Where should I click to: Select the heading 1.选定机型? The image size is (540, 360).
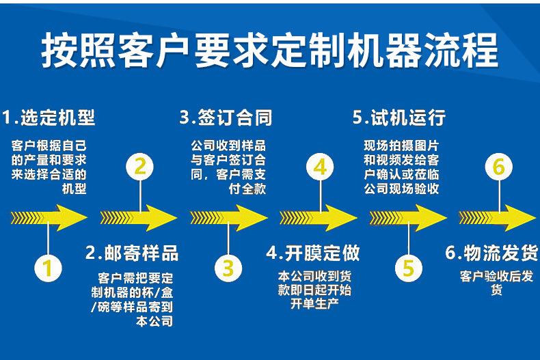[x=49, y=117]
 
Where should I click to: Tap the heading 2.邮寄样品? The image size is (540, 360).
[x=132, y=253]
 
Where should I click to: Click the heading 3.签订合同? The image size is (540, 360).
[x=226, y=117]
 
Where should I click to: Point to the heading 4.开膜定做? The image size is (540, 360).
[x=313, y=253]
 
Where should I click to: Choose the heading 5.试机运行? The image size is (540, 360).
[x=399, y=117]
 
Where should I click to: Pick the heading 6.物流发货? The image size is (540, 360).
[x=491, y=253]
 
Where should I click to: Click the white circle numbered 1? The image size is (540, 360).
[x=47, y=268]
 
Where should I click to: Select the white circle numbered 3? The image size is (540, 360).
[x=228, y=268]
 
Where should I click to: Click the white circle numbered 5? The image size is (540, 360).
[x=408, y=268]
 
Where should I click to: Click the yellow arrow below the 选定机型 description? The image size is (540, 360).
[x=49, y=218]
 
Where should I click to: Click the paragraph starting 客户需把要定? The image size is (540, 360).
[x=135, y=299]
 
